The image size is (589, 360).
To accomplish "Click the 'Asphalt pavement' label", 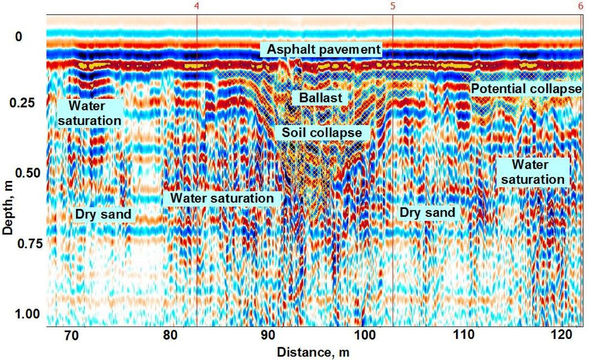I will click(x=321, y=49).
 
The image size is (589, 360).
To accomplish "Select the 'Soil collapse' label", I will click(x=321, y=132).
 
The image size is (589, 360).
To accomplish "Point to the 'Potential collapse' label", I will click(x=526, y=89).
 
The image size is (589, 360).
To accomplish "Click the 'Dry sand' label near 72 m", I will click(x=103, y=214).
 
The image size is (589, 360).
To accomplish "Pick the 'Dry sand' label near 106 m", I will click(x=427, y=213).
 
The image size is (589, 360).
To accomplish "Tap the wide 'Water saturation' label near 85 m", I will click(x=222, y=199).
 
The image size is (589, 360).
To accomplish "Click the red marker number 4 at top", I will click(x=196, y=6).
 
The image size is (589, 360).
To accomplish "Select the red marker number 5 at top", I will click(x=393, y=6).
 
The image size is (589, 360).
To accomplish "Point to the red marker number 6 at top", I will click(x=581, y=6).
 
